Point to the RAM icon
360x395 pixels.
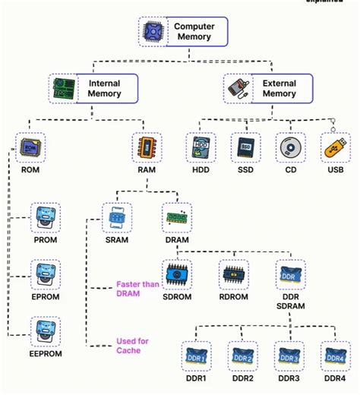pos(147,147)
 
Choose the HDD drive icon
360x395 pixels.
pos(201,147)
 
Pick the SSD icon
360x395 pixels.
pos(245,147)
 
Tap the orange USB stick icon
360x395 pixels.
pos(334,147)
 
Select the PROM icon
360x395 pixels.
pos(45,217)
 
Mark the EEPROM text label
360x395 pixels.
pos(45,354)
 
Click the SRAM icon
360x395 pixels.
pos(117,217)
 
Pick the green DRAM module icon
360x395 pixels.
pos(178,217)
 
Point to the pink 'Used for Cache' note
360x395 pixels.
pos(134,346)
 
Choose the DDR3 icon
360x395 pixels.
pos(289,355)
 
